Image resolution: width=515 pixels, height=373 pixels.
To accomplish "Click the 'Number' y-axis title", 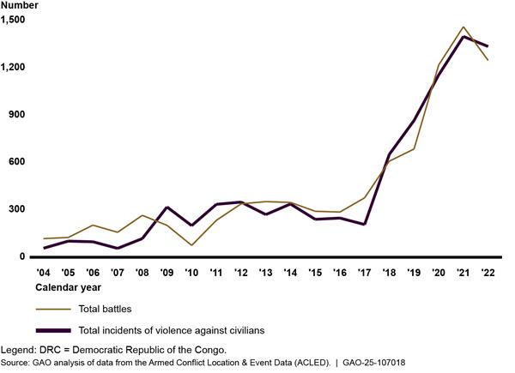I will [19, 6].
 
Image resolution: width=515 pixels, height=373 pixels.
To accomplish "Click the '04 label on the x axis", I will [43, 272].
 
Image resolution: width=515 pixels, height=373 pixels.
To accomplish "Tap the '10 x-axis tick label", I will [192, 272].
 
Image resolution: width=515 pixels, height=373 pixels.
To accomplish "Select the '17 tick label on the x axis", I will [365, 272].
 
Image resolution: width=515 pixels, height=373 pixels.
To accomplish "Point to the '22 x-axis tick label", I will [488, 272].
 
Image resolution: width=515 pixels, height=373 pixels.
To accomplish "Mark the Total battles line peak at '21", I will [463, 27].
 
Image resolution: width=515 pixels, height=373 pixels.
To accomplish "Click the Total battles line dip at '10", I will [192, 245].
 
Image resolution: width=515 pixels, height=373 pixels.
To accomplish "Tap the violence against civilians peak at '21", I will [463, 37].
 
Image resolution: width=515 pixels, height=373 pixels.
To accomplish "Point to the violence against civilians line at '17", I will [365, 224].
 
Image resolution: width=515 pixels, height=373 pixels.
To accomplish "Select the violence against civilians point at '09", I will [167, 208].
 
